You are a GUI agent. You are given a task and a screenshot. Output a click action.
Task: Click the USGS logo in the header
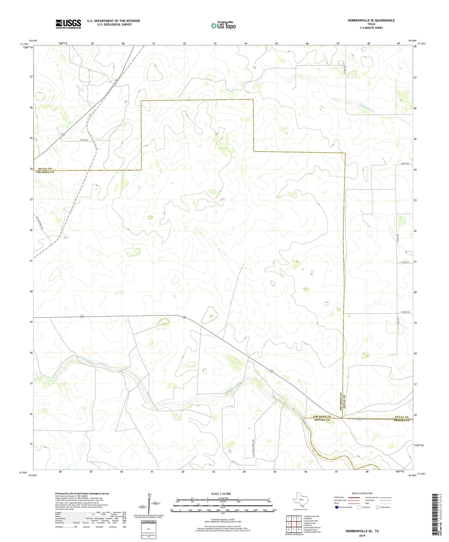click(x=68, y=24)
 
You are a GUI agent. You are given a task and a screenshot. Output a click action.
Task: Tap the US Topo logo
click(x=223, y=25)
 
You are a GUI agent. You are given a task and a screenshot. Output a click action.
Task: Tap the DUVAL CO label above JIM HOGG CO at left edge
click(x=44, y=169)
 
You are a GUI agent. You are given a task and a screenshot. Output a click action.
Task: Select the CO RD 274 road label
click(x=85, y=140)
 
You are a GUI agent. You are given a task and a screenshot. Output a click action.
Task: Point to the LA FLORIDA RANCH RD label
click(x=253, y=448)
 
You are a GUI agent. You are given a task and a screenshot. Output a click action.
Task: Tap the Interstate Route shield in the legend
click(x=337, y=507)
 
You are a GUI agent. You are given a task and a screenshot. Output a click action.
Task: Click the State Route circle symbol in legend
click(x=378, y=507)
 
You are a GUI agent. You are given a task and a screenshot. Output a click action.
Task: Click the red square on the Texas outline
click(x=302, y=506)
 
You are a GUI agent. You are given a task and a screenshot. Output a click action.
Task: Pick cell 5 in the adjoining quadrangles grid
click(x=299, y=524)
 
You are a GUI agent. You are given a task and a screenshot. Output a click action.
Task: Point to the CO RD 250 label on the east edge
click(x=405, y=164)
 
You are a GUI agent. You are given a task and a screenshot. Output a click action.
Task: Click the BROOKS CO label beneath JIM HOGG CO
click(x=322, y=420)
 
